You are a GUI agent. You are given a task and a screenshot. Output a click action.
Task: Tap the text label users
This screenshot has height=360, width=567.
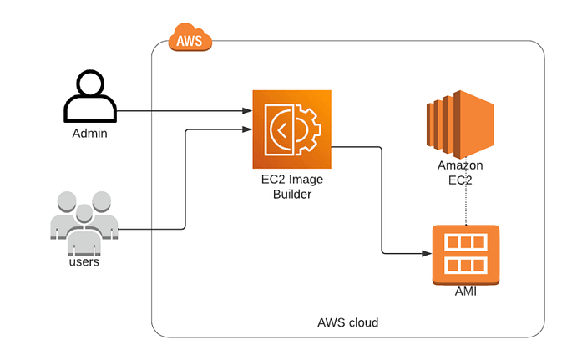pos(84,261)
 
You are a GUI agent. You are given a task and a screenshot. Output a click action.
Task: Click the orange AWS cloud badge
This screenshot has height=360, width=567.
pos(190,38)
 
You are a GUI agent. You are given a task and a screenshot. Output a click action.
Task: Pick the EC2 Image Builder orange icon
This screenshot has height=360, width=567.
pos(291,129)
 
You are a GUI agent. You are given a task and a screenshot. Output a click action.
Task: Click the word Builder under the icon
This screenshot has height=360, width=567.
pos(291,195)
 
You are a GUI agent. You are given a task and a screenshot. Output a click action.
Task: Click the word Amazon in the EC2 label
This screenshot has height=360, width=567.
pos(460,165)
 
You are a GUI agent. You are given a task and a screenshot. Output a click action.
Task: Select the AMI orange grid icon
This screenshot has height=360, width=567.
pos(465,254)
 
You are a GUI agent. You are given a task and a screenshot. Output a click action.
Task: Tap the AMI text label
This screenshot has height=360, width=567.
pos(465,291)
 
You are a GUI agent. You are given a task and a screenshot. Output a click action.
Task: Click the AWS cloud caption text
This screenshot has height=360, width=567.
pos(347,322)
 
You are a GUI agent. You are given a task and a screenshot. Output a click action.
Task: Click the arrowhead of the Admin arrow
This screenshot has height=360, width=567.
pos(248,110)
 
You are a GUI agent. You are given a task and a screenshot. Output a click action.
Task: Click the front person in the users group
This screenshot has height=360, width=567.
pos(83,234)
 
